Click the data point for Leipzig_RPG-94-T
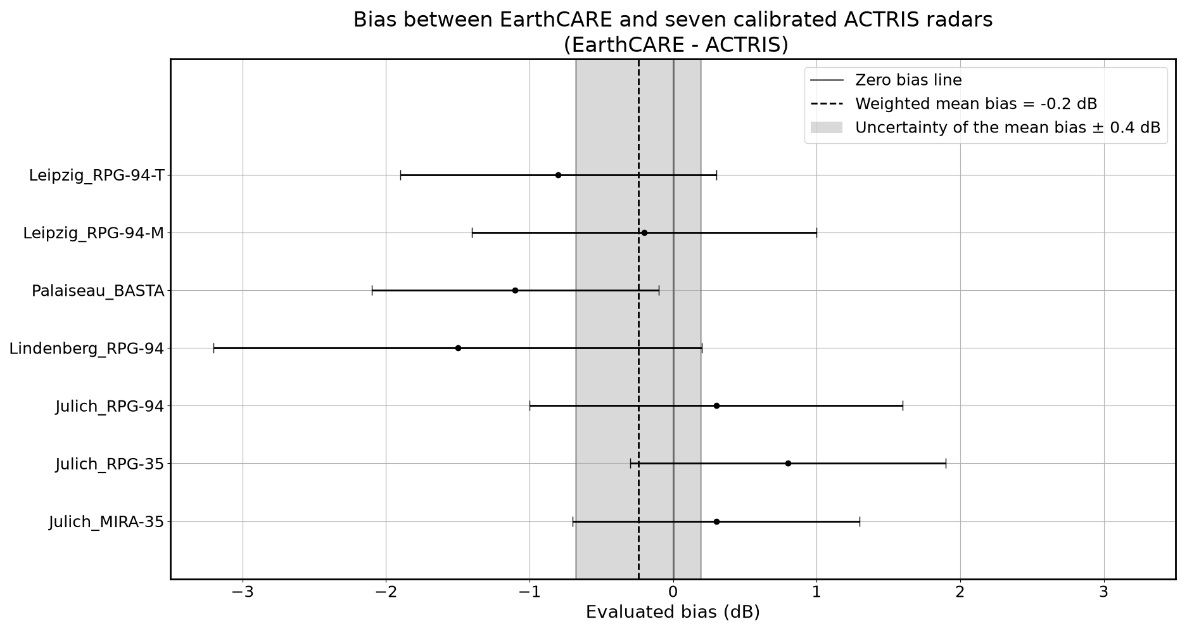coord(558,175)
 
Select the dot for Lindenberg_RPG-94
coord(458,348)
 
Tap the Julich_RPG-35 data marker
coord(788,463)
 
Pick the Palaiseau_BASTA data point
coord(515,290)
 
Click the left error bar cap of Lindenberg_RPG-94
coord(214,348)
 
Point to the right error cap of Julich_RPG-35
coord(946,463)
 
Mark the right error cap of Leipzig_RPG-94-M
coord(816,233)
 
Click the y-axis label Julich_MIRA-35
coord(106,522)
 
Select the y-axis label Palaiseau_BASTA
coord(98,291)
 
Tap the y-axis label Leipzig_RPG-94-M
coord(94,233)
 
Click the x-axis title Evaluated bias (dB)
coord(673,612)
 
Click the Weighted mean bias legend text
coord(976,104)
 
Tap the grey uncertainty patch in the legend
coord(827,127)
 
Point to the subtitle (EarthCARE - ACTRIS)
coord(676,45)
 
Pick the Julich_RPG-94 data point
coord(716,405)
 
